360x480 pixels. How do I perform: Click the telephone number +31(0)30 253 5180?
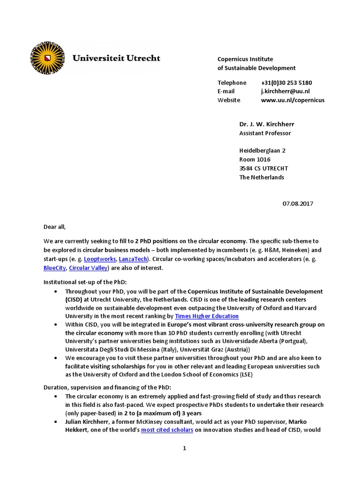[286, 82]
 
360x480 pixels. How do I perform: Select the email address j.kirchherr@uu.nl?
[285, 91]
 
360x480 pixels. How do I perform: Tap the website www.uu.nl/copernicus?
[292, 100]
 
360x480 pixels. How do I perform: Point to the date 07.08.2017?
[297, 203]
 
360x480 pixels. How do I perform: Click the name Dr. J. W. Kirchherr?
[267, 124]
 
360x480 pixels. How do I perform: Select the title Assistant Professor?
[265, 133]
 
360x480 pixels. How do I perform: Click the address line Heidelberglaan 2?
[262, 150]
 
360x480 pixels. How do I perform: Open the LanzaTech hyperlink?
[133, 259]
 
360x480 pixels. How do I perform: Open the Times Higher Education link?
[207, 316]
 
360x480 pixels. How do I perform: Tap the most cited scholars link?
[167, 429]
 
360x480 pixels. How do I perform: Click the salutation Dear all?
[55, 227]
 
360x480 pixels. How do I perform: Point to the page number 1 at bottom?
[185, 448]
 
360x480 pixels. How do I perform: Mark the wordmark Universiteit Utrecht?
[116, 59]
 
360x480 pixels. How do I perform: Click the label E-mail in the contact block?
[226, 91]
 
